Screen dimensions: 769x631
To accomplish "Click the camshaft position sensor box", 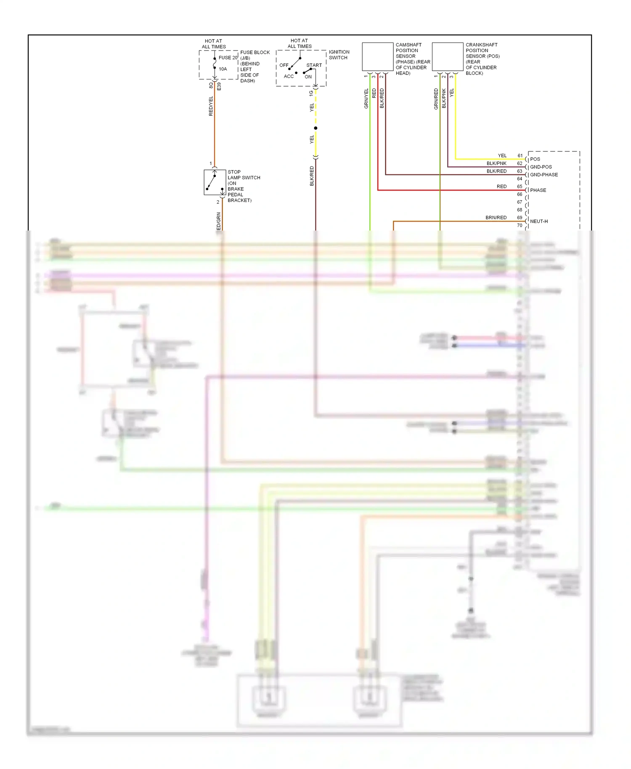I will pyautogui.click(x=377, y=57).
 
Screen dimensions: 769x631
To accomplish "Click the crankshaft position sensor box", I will pyautogui.click(x=448, y=57).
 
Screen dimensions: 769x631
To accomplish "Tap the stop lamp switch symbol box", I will pyautogui.click(x=215, y=182).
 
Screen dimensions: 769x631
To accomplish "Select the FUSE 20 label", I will pyautogui.click(x=228, y=58).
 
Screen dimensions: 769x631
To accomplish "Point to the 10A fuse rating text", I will pyautogui.click(x=223, y=69).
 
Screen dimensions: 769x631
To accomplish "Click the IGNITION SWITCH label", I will pyautogui.click(x=339, y=55).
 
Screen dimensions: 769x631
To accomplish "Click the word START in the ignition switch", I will pyautogui.click(x=314, y=65).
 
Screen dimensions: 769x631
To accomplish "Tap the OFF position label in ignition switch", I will pyautogui.click(x=284, y=65).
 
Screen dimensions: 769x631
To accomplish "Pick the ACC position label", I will pyautogui.click(x=289, y=77).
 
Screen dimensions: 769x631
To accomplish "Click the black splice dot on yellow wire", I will pyautogui.click(x=315, y=128).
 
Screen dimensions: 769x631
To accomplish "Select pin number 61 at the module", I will pyautogui.click(x=520, y=156).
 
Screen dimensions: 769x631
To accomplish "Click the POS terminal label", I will pyautogui.click(x=535, y=159).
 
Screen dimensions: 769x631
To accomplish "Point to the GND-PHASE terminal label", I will pyautogui.click(x=544, y=175).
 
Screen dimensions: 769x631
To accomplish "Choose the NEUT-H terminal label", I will pyautogui.click(x=539, y=221).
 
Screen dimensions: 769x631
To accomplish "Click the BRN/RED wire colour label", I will pyautogui.click(x=496, y=217).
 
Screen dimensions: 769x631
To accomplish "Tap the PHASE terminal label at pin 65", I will pyautogui.click(x=538, y=190).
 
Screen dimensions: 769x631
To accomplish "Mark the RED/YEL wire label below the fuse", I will pyautogui.click(x=211, y=106).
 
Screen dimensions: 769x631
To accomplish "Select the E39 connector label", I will pyautogui.click(x=219, y=87).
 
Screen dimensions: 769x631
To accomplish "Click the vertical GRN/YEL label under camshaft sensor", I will pyautogui.click(x=366, y=99).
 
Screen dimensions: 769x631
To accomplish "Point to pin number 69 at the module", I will pyautogui.click(x=520, y=217).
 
